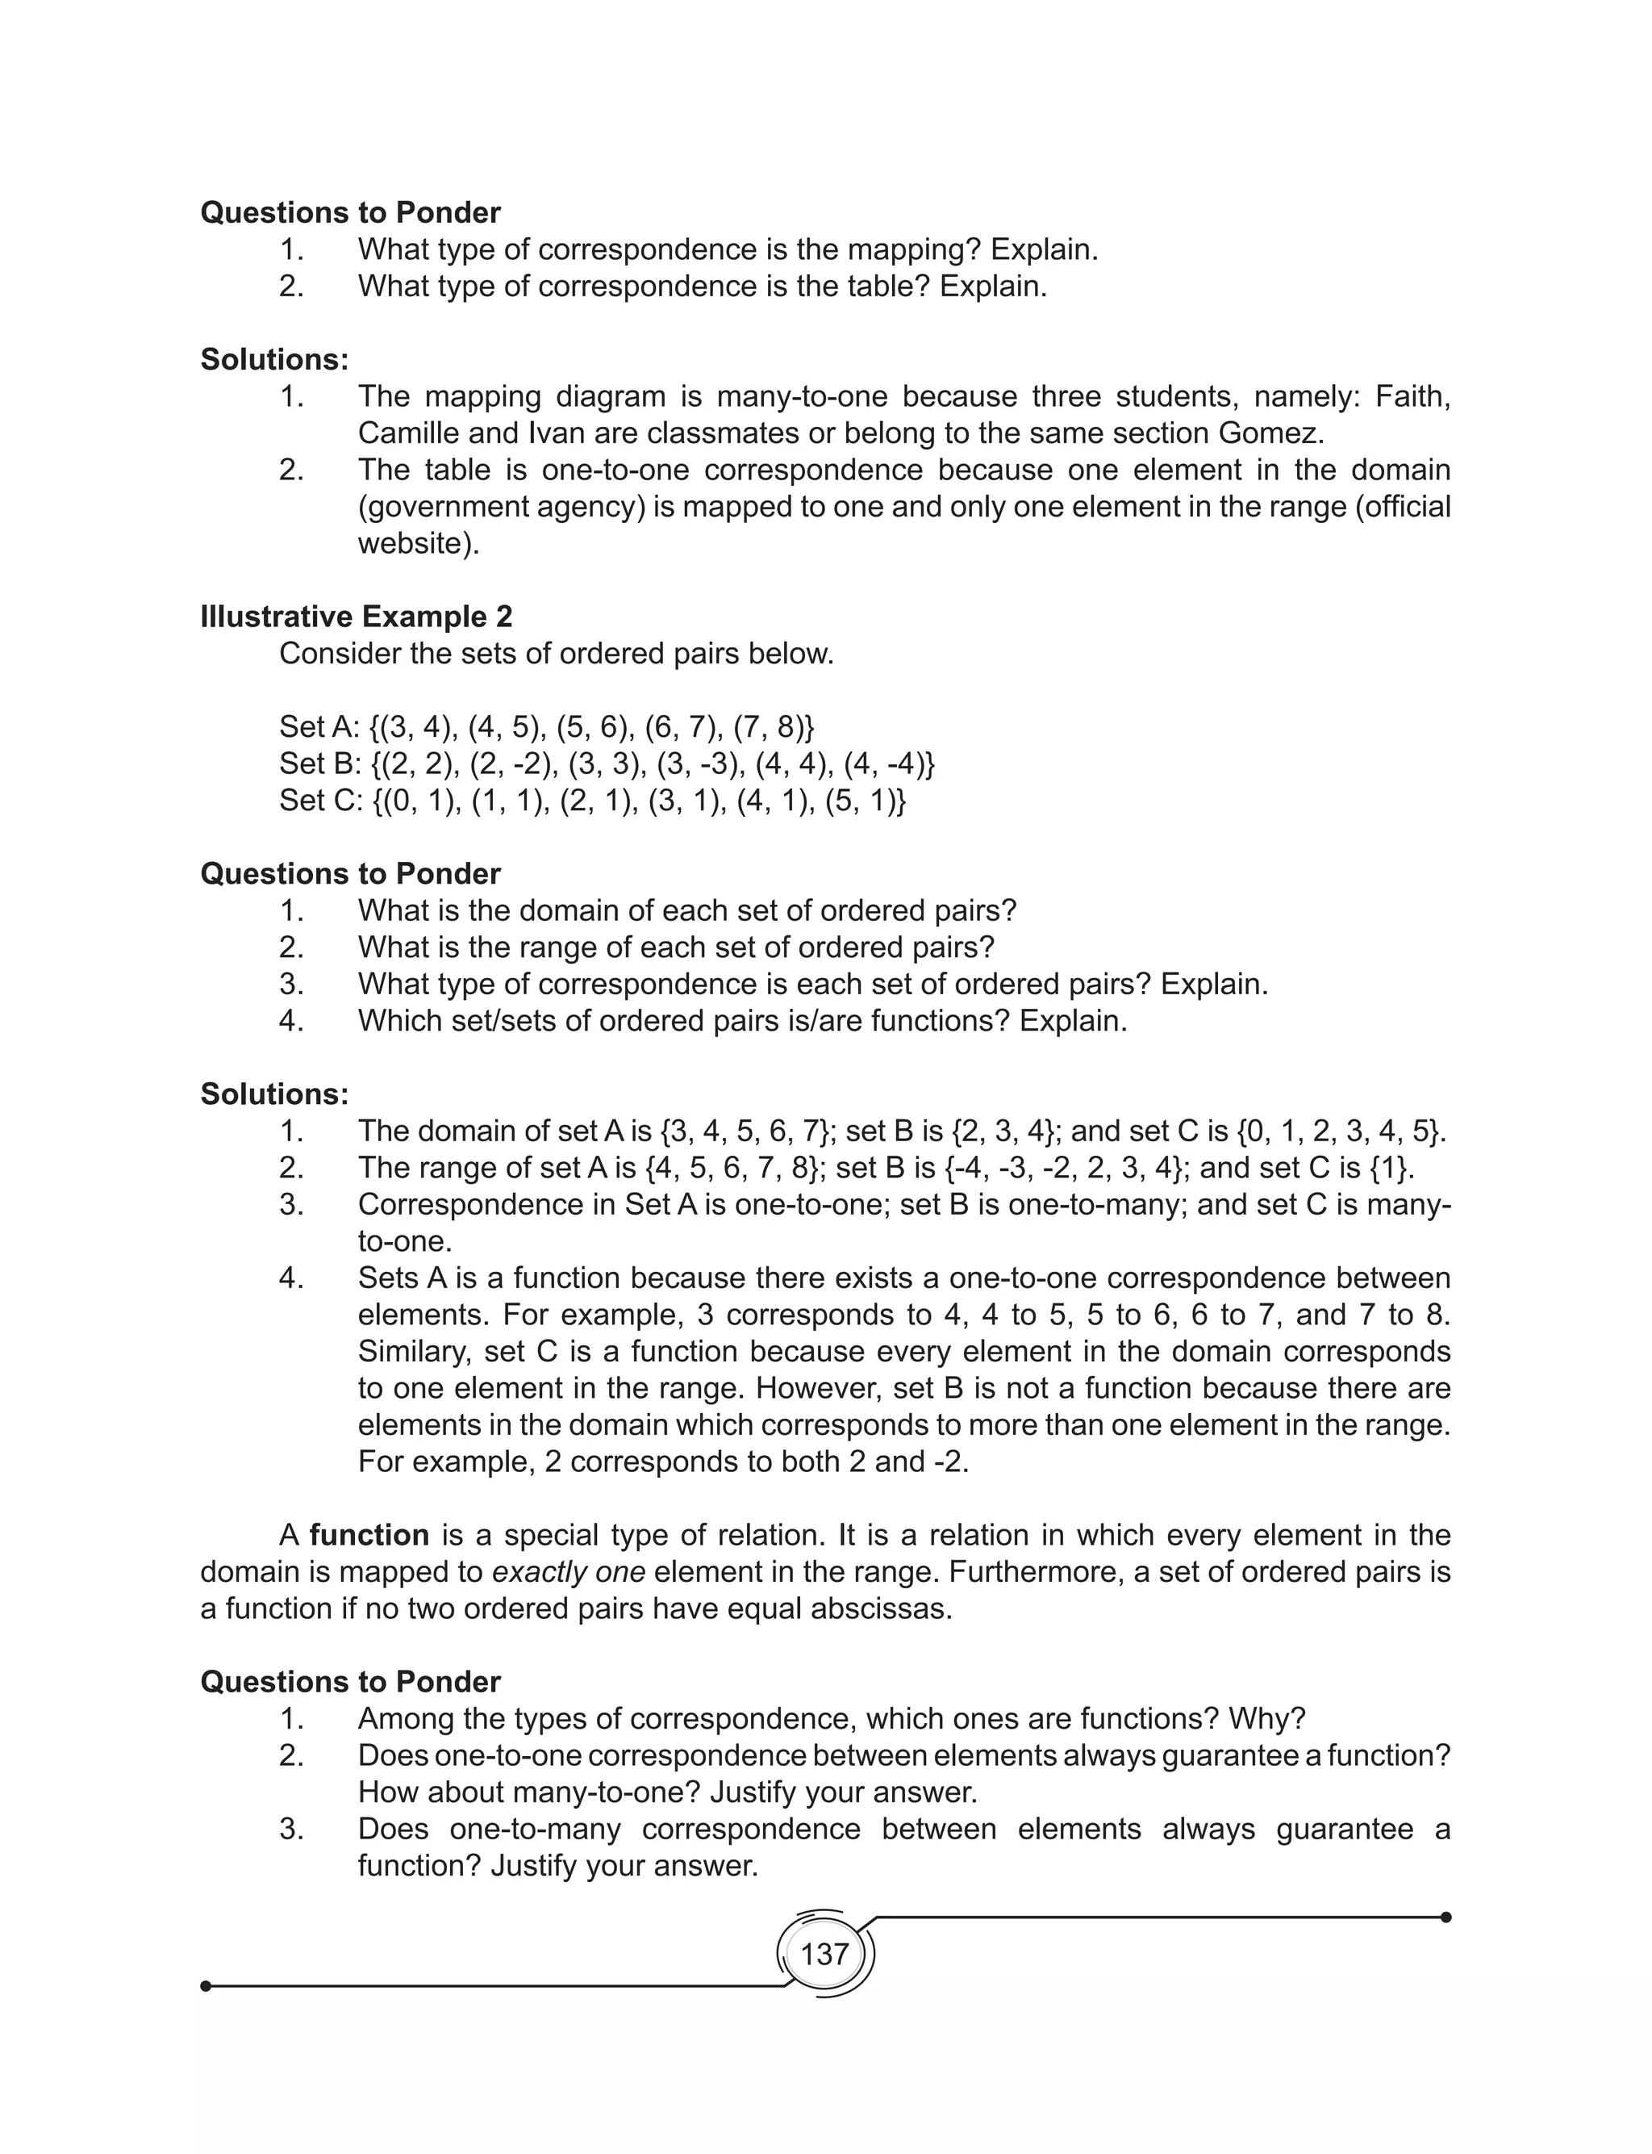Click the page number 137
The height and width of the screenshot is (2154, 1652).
(824, 1955)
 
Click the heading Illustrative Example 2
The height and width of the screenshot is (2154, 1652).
(356, 617)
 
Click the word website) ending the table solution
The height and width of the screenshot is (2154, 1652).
(418, 543)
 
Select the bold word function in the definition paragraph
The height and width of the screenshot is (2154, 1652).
(369, 1535)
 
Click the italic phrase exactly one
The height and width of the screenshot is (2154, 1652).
(569, 1572)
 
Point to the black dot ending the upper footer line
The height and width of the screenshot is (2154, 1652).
(1445, 1917)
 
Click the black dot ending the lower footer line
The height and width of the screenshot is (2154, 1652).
(206, 1986)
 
